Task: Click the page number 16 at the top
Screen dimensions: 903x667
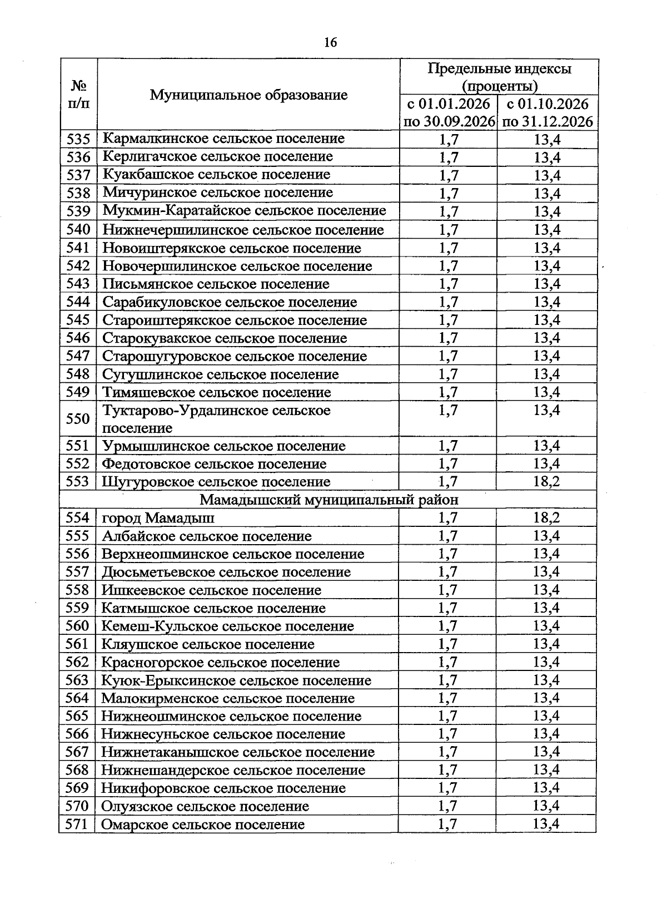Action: pyautogui.click(x=330, y=43)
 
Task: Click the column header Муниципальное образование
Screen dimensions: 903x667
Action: pyautogui.click(x=248, y=95)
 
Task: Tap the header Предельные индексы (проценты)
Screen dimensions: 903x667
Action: pyautogui.click(x=499, y=77)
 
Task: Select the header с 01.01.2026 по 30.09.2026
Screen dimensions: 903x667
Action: pyautogui.click(x=449, y=113)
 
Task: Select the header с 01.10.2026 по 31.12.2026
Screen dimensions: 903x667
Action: pyautogui.click(x=547, y=113)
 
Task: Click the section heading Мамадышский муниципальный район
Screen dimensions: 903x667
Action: pyautogui.click(x=329, y=500)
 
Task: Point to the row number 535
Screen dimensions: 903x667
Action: pyautogui.click(x=78, y=139)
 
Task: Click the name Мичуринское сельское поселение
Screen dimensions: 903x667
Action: pyautogui.click(x=218, y=193)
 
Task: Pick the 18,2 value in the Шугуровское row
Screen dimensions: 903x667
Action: pyautogui.click(x=546, y=481)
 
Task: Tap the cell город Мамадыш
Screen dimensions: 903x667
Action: pyautogui.click(x=158, y=518)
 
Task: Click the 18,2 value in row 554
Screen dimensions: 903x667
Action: pyautogui.click(x=546, y=518)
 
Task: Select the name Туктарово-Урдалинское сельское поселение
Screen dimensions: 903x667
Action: pyautogui.click(x=216, y=419)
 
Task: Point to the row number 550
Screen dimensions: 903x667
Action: pyautogui.click(x=78, y=419)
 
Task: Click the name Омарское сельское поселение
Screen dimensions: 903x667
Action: pyautogui.click(x=203, y=824)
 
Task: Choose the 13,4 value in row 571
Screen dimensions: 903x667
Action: pyautogui.click(x=546, y=824)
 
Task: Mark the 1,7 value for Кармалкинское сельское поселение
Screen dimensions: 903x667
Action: pyautogui.click(x=449, y=139)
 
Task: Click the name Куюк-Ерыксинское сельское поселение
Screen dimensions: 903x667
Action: pyautogui.click(x=236, y=680)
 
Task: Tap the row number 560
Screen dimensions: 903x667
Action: pyautogui.click(x=77, y=626)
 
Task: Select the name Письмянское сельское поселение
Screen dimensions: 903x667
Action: pyautogui.click(x=216, y=284)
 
